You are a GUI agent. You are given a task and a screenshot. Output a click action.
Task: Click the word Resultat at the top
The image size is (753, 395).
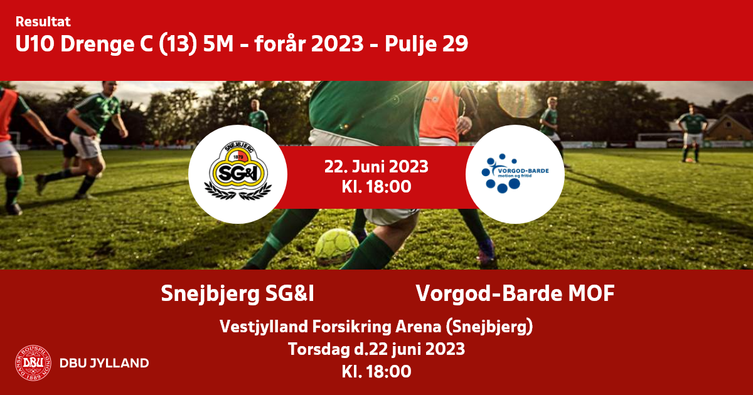coord(43,22)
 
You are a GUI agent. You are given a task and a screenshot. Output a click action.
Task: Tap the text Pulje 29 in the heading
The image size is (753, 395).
coord(426,45)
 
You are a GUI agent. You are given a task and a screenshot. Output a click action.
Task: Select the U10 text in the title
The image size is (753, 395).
coord(35,44)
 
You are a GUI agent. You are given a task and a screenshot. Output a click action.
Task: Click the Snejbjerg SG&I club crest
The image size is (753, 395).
coord(238,171)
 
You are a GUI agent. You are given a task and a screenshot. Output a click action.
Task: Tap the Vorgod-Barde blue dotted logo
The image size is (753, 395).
coord(515,173)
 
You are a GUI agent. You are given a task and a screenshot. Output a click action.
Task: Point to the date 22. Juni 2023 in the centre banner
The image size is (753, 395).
coord(376,167)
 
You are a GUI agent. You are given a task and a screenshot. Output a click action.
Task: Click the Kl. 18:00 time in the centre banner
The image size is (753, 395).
coord(376,187)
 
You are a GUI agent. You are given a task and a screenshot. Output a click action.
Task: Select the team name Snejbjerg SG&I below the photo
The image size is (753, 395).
coord(237,293)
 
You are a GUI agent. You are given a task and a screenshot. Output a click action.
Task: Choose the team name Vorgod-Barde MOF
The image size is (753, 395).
coord(515,293)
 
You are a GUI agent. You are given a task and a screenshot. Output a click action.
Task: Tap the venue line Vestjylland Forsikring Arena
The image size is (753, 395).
coord(376,327)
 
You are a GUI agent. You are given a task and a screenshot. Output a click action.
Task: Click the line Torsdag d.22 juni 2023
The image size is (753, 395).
coord(376,349)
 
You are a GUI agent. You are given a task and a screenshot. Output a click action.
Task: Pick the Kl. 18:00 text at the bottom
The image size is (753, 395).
coord(376,371)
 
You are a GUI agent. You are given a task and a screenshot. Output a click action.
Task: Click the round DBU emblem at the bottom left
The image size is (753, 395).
coord(33,363)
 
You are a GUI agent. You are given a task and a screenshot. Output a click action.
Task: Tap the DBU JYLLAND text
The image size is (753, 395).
coord(104,363)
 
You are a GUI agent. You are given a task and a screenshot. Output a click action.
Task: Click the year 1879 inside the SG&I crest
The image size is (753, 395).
coord(238,157)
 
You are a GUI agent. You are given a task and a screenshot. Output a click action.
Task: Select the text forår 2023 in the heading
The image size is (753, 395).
coord(309,44)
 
